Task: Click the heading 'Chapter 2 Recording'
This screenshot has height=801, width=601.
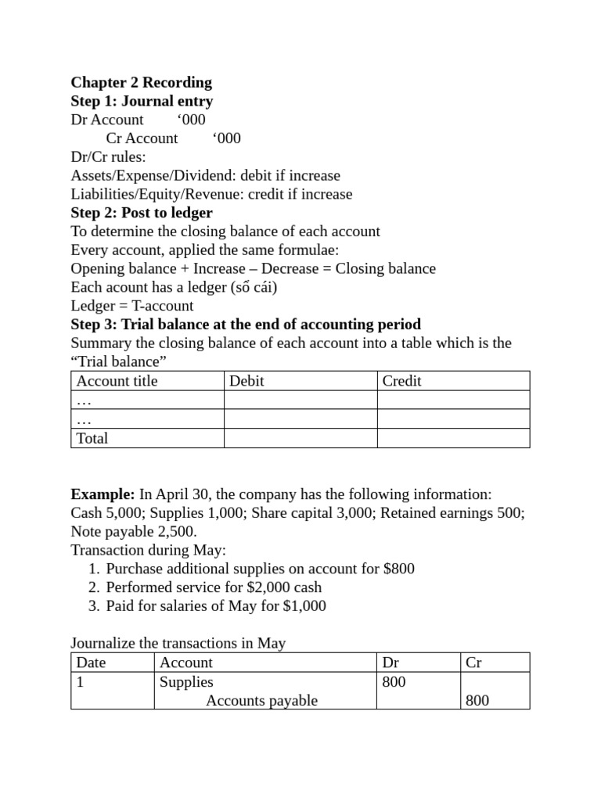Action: coord(141,82)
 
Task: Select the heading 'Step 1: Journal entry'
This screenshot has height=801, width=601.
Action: coord(142,101)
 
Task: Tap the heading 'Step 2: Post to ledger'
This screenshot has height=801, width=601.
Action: coord(142,213)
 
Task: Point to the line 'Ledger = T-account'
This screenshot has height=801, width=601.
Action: coord(131,306)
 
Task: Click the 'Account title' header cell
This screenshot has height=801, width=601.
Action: coord(117,381)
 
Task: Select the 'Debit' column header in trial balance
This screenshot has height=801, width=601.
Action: coord(247,381)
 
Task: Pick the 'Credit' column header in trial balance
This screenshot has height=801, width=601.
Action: coord(401,381)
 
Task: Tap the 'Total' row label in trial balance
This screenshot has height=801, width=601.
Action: coord(92,438)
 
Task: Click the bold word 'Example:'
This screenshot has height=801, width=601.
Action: coord(103,494)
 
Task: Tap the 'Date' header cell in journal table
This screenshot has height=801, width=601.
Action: coord(91,663)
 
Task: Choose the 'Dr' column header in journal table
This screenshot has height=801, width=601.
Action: coord(390,663)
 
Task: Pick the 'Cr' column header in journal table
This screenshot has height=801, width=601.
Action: coord(473,663)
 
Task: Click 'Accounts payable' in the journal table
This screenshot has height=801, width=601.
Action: coord(261,700)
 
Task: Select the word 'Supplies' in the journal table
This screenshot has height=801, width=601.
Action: coord(186,681)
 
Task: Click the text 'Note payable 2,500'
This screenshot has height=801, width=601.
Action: coord(133,531)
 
